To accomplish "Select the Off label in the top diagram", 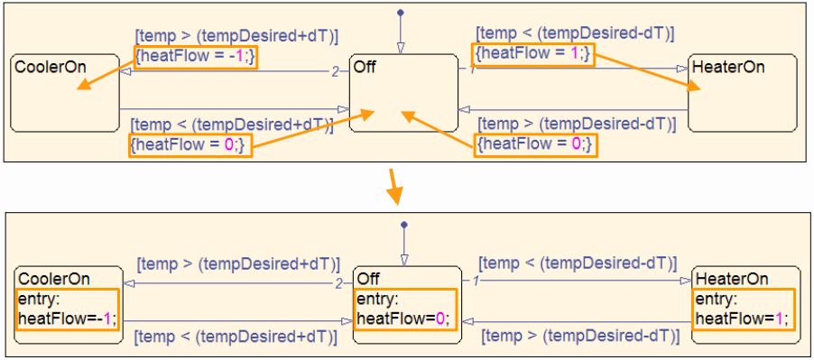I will tap(365, 68).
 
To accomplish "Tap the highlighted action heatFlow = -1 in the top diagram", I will tap(197, 56).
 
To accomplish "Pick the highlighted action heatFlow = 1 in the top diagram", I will tap(533, 54).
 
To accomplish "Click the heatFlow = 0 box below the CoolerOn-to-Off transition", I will tap(190, 144).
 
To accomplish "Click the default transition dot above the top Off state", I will tap(400, 13).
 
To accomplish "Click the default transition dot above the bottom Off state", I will tap(403, 224).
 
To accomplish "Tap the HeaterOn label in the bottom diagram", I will tap(732, 279).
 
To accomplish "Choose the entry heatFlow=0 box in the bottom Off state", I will tap(402, 309).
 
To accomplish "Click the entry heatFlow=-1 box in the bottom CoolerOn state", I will tap(67, 309).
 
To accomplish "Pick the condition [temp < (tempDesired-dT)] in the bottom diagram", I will tap(578, 263).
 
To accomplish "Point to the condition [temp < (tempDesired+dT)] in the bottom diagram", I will tap(236, 337).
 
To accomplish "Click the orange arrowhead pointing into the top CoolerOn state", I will tap(81, 88).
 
